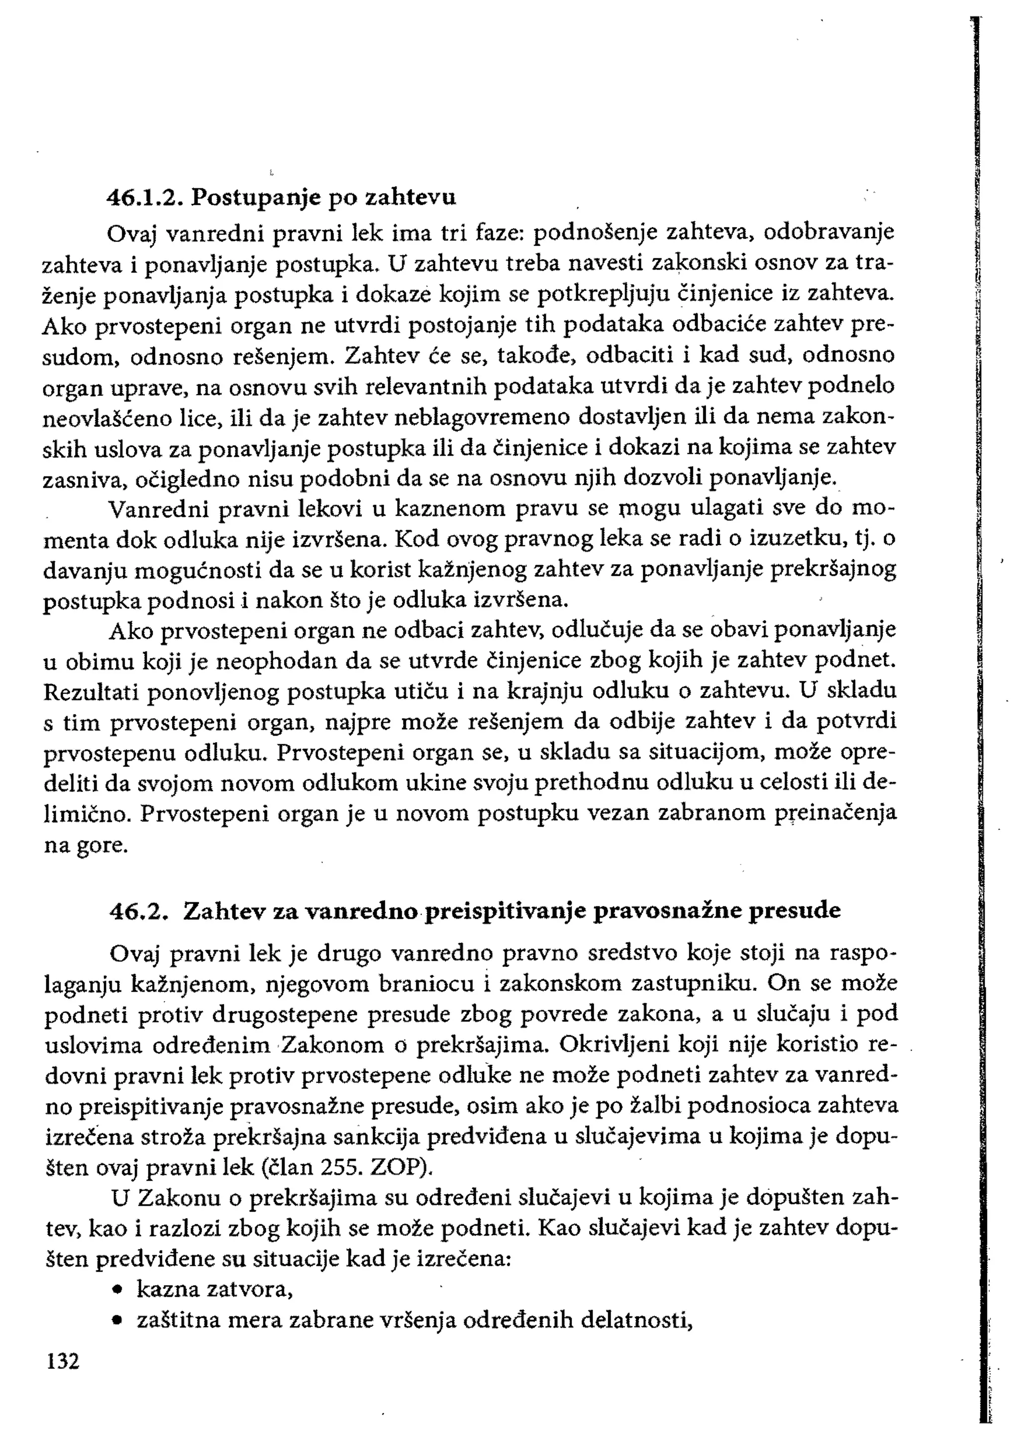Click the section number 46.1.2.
tap(145, 197)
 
